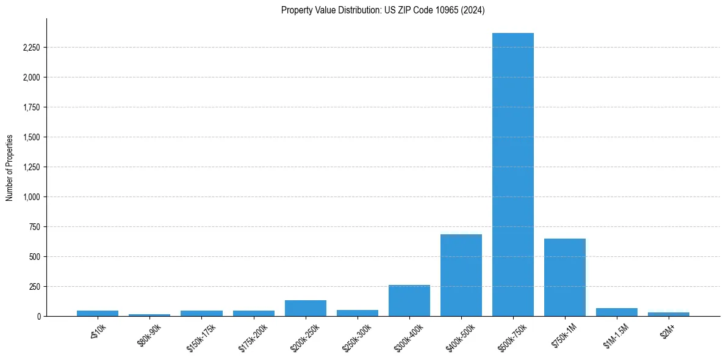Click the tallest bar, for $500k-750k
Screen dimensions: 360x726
click(x=512, y=175)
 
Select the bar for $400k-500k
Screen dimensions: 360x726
click(x=461, y=275)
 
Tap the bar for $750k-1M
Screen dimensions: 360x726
click(x=564, y=277)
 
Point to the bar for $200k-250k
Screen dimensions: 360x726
click(x=306, y=308)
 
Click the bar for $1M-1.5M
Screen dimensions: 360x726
click(x=616, y=312)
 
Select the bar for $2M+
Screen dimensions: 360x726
click(x=668, y=314)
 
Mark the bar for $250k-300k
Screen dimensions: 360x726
click(x=358, y=313)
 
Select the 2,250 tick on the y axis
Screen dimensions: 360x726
click(x=30, y=48)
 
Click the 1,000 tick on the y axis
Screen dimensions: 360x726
click(x=30, y=197)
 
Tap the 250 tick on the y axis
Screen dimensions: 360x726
click(x=34, y=287)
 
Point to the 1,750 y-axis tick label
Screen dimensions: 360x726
click(x=30, y=107)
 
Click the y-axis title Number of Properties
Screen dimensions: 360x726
click(x=10, y=167)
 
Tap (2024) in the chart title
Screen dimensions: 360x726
click(x=472, y=10)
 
